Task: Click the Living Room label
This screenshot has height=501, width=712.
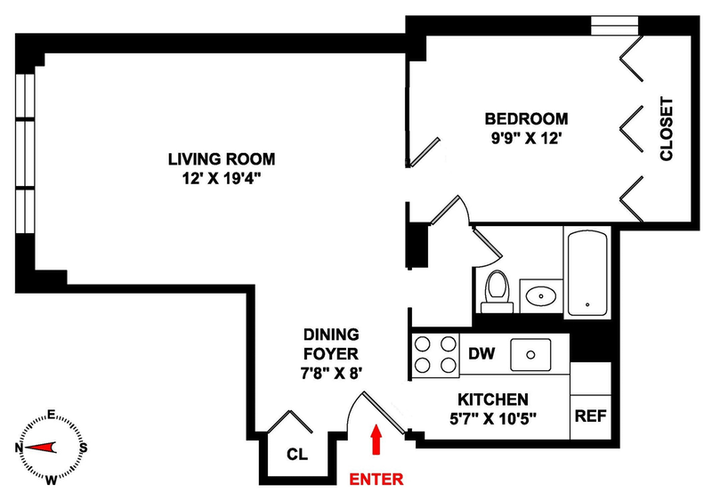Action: click(x=222, y=159)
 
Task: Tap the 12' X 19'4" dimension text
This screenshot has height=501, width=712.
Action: click(x=222, y=178)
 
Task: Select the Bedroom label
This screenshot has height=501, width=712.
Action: click(x=525, y=118)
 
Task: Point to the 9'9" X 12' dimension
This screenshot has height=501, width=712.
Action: click(x=525, y=138)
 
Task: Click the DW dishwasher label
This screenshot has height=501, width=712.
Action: click(x=481, y=353)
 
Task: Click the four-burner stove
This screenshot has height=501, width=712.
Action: click(x=433, y=354)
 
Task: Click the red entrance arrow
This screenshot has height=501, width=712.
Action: click(x=375, y=440)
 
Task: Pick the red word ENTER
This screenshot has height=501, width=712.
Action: click(x=376, y=479)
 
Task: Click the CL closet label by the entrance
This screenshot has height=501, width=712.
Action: click(x=297, y=454)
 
